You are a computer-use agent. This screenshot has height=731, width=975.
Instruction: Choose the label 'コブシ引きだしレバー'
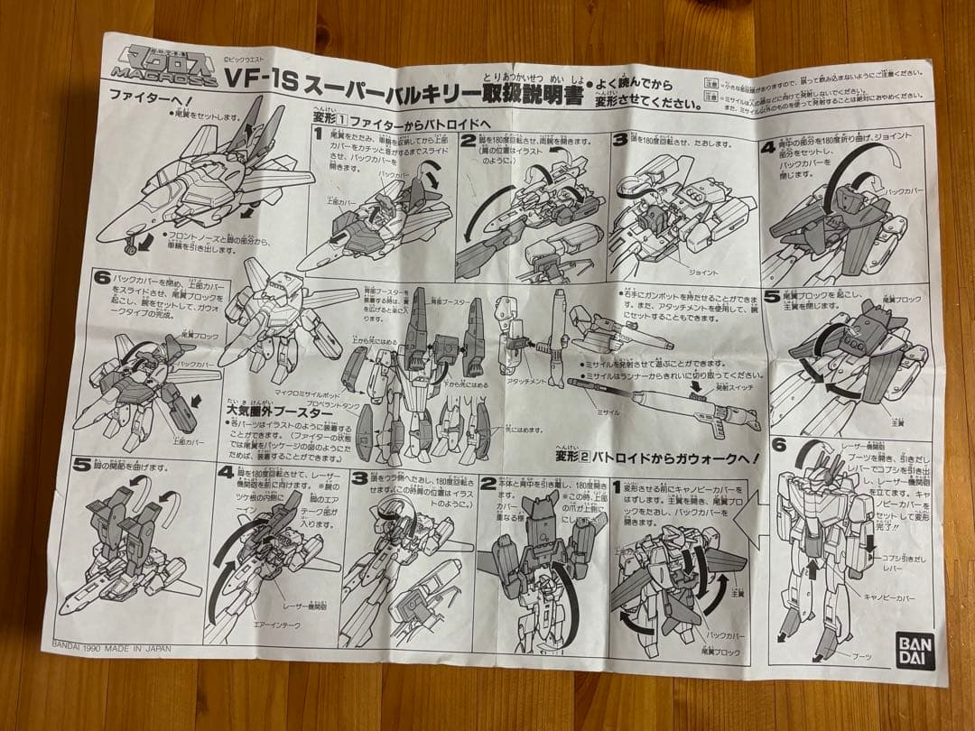click(x=899, y=565)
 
